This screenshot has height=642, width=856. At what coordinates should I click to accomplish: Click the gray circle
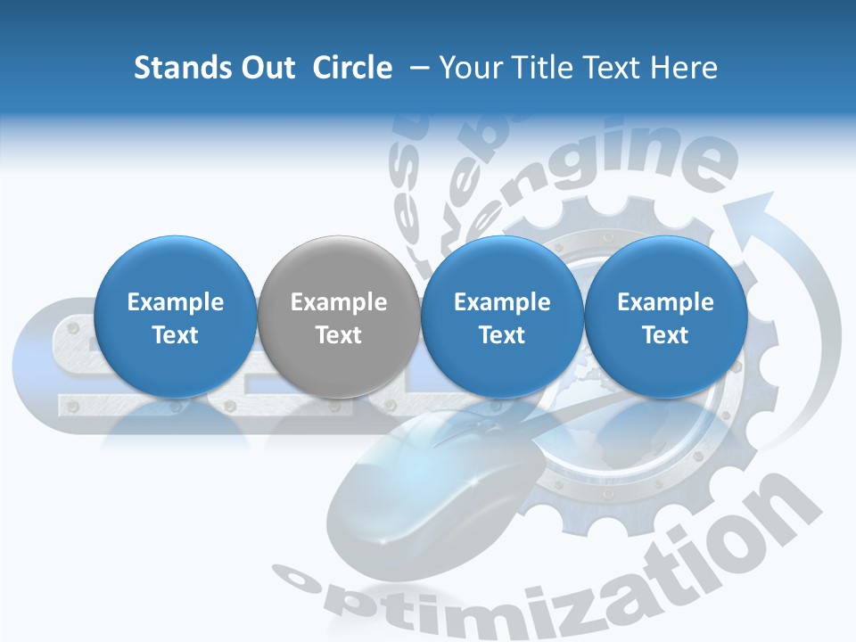(x=339, y=317)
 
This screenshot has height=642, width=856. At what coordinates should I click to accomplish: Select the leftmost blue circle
(x=176, y=317)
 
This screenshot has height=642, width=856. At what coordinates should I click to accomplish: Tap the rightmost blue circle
(x=665, y=317)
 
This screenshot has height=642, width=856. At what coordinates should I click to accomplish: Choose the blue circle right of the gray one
(x=502, y=317)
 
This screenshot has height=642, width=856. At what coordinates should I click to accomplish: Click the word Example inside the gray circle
(x=339, y=302)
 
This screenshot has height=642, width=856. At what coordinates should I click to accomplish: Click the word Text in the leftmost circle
(x=176, y=335)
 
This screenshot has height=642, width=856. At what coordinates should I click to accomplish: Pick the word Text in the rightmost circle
(x=665, y=335)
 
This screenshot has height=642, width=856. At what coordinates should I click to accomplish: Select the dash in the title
(x=416, y=68)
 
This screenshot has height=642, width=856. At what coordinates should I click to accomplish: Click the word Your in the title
(x=467, y=68)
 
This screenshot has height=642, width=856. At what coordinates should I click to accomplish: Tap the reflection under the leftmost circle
(x=176, y=428)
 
